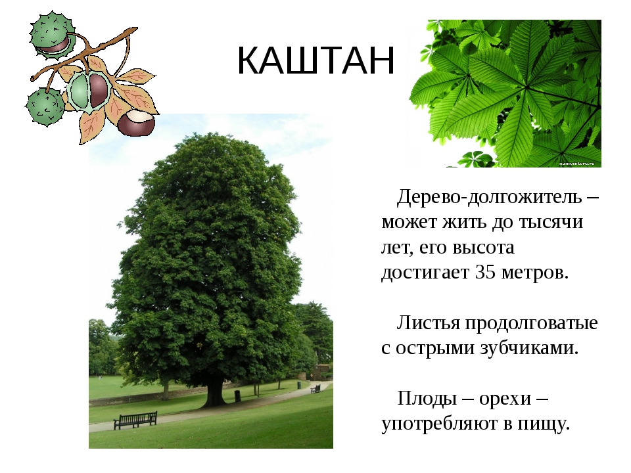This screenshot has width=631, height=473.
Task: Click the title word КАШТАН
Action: coord(316,60)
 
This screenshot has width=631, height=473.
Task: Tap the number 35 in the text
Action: coord(485,272)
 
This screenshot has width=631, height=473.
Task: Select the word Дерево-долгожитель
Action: coord(489,198)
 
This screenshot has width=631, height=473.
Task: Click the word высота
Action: coord(484,248)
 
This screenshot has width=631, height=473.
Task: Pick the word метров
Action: coord(535,273)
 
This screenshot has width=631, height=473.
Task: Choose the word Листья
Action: coord(429,323)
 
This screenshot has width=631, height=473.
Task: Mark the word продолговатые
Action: coord(532,324)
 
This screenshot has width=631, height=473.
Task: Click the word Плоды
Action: coord(427,399)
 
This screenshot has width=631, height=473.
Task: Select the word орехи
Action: coord(505,399)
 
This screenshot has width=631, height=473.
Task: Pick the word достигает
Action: coord(425,273)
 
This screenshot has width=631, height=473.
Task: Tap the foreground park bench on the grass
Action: coord(135,420)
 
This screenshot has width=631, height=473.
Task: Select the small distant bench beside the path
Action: coord(315,388)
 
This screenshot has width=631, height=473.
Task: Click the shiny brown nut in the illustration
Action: coord(137,123)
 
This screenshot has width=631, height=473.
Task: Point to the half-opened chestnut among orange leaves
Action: coord(89,91)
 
